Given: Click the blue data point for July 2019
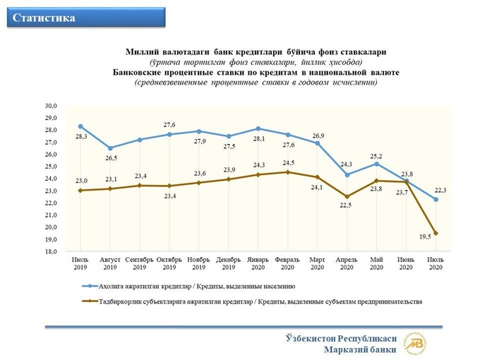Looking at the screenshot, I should point(80,126).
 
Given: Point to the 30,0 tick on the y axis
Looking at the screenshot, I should point(51,106).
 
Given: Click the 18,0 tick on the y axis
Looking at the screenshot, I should point(51,251).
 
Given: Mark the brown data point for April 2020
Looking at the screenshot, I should point(347,196).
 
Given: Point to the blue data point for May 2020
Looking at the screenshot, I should point(376,164).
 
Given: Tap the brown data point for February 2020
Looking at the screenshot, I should point(287,172).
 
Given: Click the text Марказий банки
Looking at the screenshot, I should point(360,349).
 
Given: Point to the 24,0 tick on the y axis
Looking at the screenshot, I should point(51,179).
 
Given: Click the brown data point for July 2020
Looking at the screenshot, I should point(435,233).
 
